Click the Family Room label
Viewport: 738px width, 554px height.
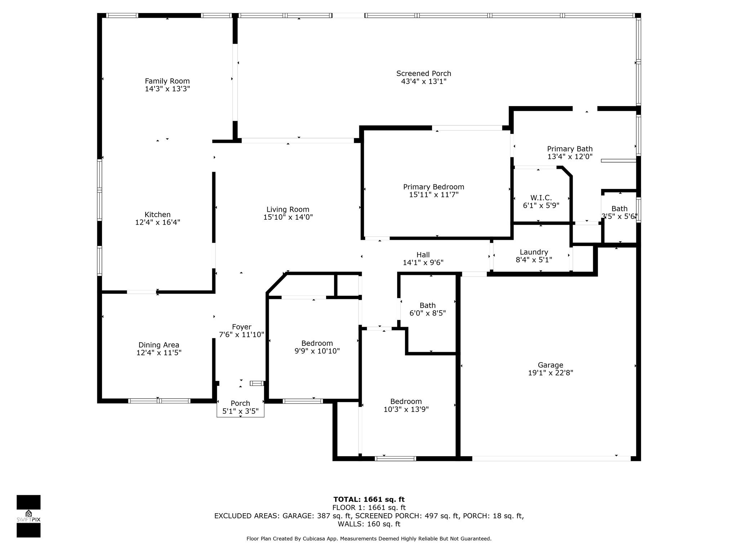pyautogui.click(x=167, y=81)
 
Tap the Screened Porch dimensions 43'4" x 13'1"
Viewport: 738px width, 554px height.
pyautogui.click(x=424, y=82)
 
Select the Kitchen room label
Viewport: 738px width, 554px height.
pyautogui.click(x=157, y=215)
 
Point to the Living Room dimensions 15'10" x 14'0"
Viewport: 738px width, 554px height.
pyautogui.click(x=288, y=217)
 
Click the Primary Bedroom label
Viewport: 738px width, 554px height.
pyautogui.click(x=434, y=187)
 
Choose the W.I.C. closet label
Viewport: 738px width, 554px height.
pyautogui.click(x=541, y=198)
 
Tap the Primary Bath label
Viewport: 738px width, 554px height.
pyautogui.click(x=570, y=149)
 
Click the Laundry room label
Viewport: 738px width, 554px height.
pyautogui.click(x=534, y=252)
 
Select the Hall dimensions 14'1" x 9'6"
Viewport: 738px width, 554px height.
pyautogui.click(x=423, y=263)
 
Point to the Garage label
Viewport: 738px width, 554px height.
pyautogui.click(x=550, y=365)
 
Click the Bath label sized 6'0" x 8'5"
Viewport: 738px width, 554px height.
pyautogui.click(x=427, y=305)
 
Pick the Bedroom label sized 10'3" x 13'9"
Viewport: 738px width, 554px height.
pyautogui.click(x=406, y=401)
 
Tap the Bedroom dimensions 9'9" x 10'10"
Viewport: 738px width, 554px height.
pyautogui.click(x=317, y=351)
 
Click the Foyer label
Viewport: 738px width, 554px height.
pyautogui.click(x=241, y=327)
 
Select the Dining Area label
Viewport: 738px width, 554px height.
pyautogui.click(x=159, y=345)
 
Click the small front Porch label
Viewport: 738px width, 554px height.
pyautogui.click(x=240, y=403)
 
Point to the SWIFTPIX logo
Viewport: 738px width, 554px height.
pyautogui.click(x=28, y=516)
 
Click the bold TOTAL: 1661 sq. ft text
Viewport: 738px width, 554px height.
pyautogui.click(x=369, y=500)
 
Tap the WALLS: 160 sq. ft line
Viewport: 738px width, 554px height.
pyautogui.click(x=369, y=524)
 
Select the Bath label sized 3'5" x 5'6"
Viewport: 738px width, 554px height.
pyautogui.click(x=619, y=208)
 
